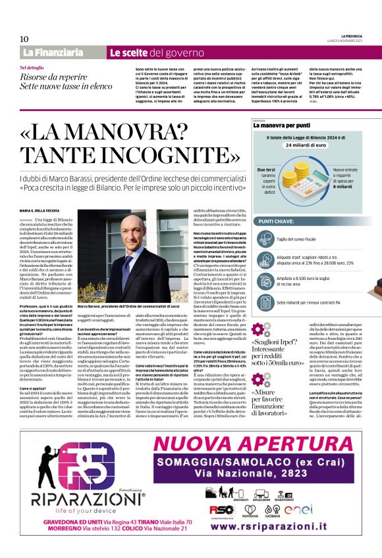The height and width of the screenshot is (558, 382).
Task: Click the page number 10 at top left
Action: (24, 39)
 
